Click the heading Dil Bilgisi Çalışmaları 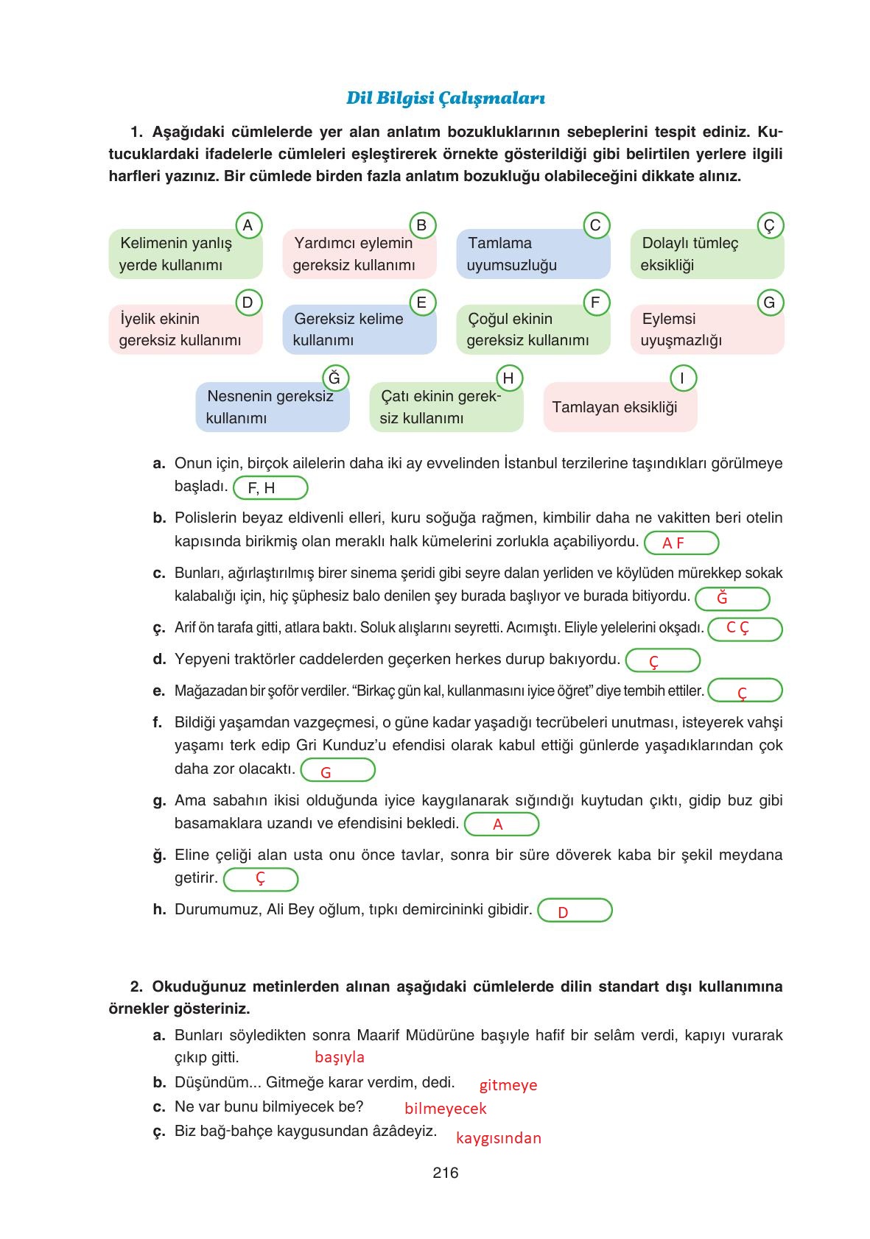point(445,98)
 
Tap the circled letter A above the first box point(248,225)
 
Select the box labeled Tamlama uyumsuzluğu point(533,254)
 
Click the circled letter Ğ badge point(334,378)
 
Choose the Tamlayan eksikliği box point(620,407)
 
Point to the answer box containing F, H point(270,488)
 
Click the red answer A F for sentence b point(673,543)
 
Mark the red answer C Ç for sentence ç point(737,628)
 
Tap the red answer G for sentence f point(326,772)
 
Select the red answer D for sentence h point(563,913)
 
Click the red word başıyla point(340,1057)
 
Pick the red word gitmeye point(508,1085)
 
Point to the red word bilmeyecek point(446,1109)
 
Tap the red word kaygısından point(499,1138)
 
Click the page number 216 point(446,1173)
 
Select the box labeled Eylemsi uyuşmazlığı point(707,329)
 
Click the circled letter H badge point(508,378)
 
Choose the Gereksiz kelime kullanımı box point(359,329)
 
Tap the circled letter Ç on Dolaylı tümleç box point(770,225)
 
